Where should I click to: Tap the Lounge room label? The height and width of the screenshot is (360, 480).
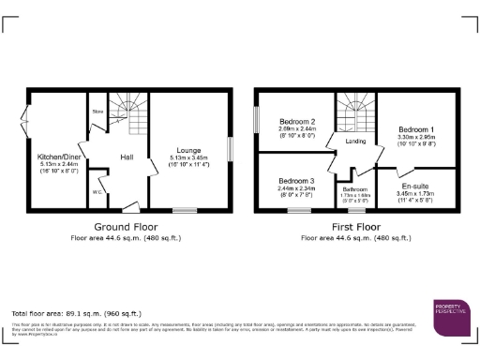coord(189,150)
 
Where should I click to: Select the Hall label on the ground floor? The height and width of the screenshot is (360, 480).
coord(125,157)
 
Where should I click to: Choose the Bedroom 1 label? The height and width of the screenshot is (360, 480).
coord(416,129)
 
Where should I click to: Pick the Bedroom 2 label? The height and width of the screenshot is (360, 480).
coord(297,122)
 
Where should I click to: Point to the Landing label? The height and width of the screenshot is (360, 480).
coord(355,142)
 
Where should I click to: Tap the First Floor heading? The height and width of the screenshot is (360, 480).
coord(355,227)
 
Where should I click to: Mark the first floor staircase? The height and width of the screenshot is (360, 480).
coord(356,114)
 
